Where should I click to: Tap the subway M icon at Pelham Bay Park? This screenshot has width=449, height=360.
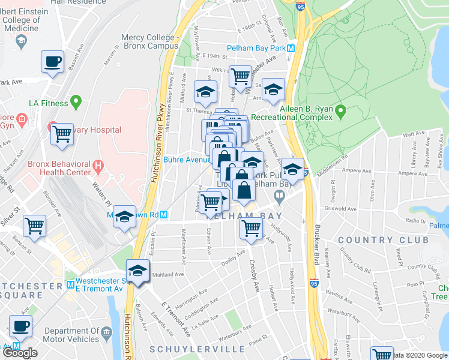click(x=291, y=48)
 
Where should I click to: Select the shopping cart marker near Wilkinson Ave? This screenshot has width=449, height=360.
click(x=240, y=76)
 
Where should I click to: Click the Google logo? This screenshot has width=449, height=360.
click(x=20, y=353)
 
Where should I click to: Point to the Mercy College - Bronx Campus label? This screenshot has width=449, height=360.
click(x=150, y=41)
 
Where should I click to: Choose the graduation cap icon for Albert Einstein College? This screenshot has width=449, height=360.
click(x=21, y=41)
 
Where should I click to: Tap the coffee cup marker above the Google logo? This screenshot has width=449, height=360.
click(x=20, y=326)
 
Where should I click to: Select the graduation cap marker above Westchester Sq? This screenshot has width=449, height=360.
click(x=137, y=271)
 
